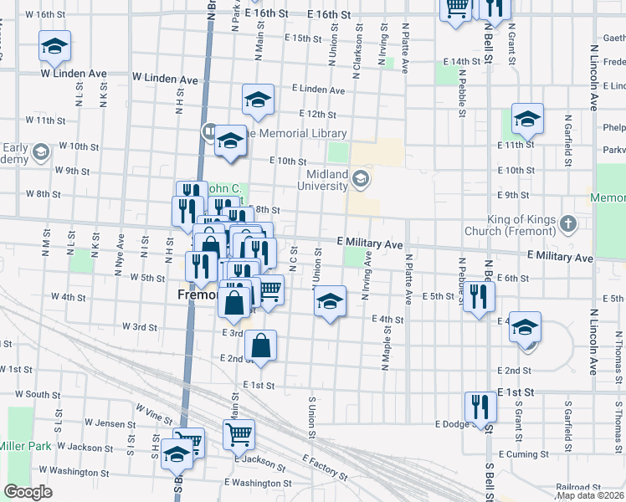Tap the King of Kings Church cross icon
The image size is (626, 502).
[x=568, y=223]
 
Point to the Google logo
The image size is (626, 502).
[x=28, y=492]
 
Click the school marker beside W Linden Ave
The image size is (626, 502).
[x=54, y=47]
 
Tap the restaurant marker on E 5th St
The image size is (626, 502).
[x=479, y=297]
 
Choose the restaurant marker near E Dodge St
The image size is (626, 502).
[x=480, y=407]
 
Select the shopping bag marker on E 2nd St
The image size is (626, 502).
[x=261, y=346]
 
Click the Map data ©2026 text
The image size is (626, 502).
[x=590, y=495]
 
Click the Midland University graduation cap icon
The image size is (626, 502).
[x=361, y=177]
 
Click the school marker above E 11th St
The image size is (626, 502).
[x=528, y=120]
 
